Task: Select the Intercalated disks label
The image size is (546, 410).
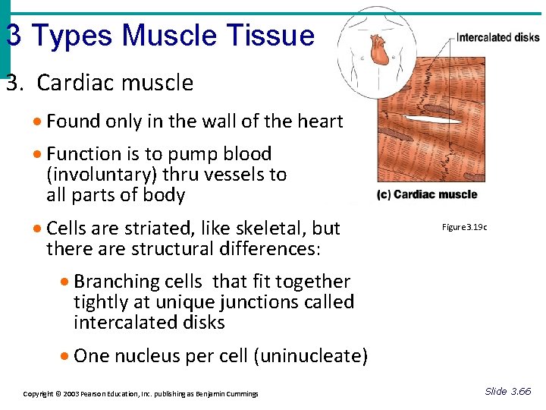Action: (497, 37)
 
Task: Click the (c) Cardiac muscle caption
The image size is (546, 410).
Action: (427, 194)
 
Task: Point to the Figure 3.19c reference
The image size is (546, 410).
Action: (465, 227)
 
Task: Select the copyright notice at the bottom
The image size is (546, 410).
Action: (140, 393)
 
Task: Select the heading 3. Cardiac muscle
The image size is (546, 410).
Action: (99, 83)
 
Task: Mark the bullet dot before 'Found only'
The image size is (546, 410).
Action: (37, 122)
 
